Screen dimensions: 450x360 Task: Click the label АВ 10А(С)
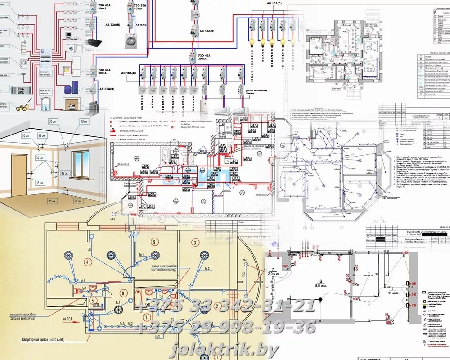pyautogui.click(x=274, y=3)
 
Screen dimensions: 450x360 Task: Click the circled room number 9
pyautogui.click(x=154, y=242)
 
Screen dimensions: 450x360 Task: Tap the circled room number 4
pyautogui.click(x=88, y=261)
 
